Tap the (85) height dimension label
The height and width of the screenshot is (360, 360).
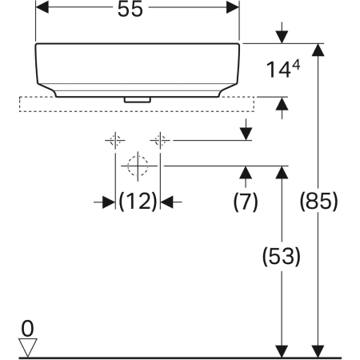[318, 202]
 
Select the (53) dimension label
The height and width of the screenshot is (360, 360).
[282, 257]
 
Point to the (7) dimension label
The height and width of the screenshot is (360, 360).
[246, 202]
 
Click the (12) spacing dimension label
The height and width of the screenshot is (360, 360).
[138, 202]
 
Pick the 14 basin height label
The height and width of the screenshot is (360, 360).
[278, 70]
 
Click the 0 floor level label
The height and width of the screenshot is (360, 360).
[29, 328]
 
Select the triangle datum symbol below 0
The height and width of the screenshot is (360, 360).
[30, 346]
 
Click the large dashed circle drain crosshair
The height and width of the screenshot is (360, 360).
[138, 166]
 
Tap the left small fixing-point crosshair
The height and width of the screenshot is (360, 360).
[114, 141]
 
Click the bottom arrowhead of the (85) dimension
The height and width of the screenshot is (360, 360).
[318, 350]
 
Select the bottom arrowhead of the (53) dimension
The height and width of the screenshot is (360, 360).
[282, 350]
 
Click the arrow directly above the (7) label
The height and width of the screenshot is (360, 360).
[246, 174]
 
